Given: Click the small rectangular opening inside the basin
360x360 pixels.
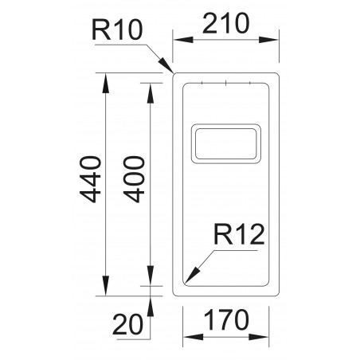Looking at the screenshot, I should click(225, 143).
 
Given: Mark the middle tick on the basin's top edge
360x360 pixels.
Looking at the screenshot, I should click(226, 82).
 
